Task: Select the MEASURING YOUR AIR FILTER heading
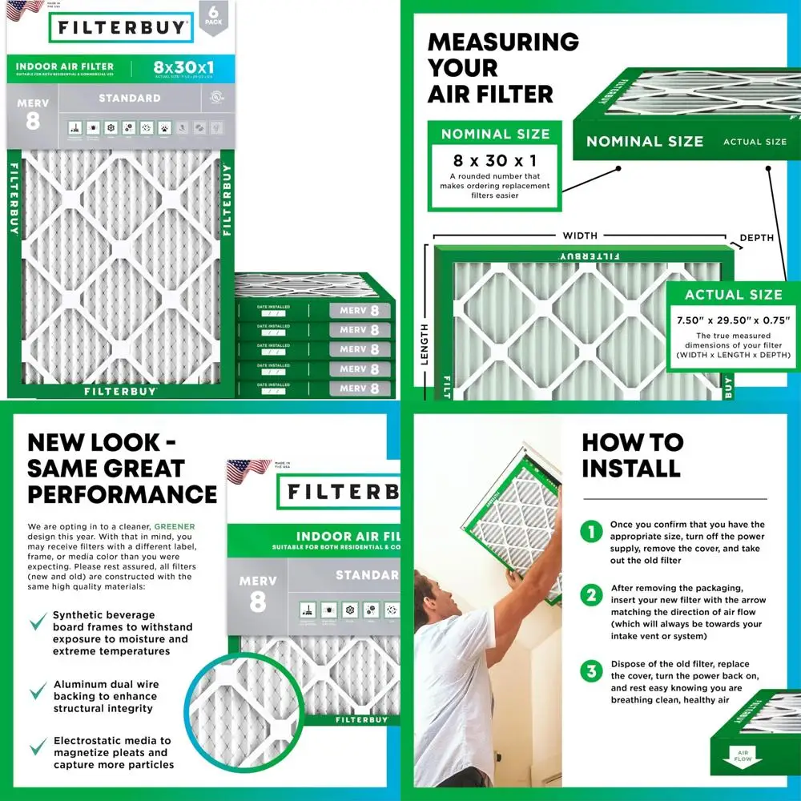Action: coord(502,68)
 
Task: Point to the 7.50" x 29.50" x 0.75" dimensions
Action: coord(734,320)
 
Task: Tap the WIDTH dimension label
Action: coord(579,235)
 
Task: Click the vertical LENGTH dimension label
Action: coord(425,344)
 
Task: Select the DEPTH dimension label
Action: coord(756,238)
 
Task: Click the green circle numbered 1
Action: coord(592,531)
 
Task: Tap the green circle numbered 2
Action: coord(592,595)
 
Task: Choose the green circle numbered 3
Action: coord(592,671)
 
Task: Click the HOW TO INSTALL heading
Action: coord(632,454)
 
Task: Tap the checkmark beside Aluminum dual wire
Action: coord(38,691)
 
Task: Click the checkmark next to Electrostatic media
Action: coord(38,747)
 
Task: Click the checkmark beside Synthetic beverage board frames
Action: coord(38,622)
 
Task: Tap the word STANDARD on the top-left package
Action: coord(129,99)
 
